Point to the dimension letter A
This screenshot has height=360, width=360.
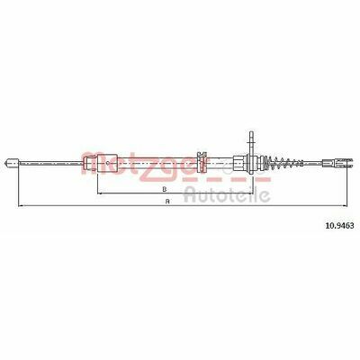click(167, 202)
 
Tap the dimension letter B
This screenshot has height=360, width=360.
click(164, 189)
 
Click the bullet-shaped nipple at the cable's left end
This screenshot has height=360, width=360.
click(13, 163)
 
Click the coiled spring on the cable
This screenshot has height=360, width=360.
click(285, 163)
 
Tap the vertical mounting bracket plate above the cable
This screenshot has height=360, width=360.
click(251, 144)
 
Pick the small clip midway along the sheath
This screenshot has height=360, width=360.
click(202, 162)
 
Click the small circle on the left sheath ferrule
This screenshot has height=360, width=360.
click(108, 163)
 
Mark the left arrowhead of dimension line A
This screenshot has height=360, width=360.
click(21, 206)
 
